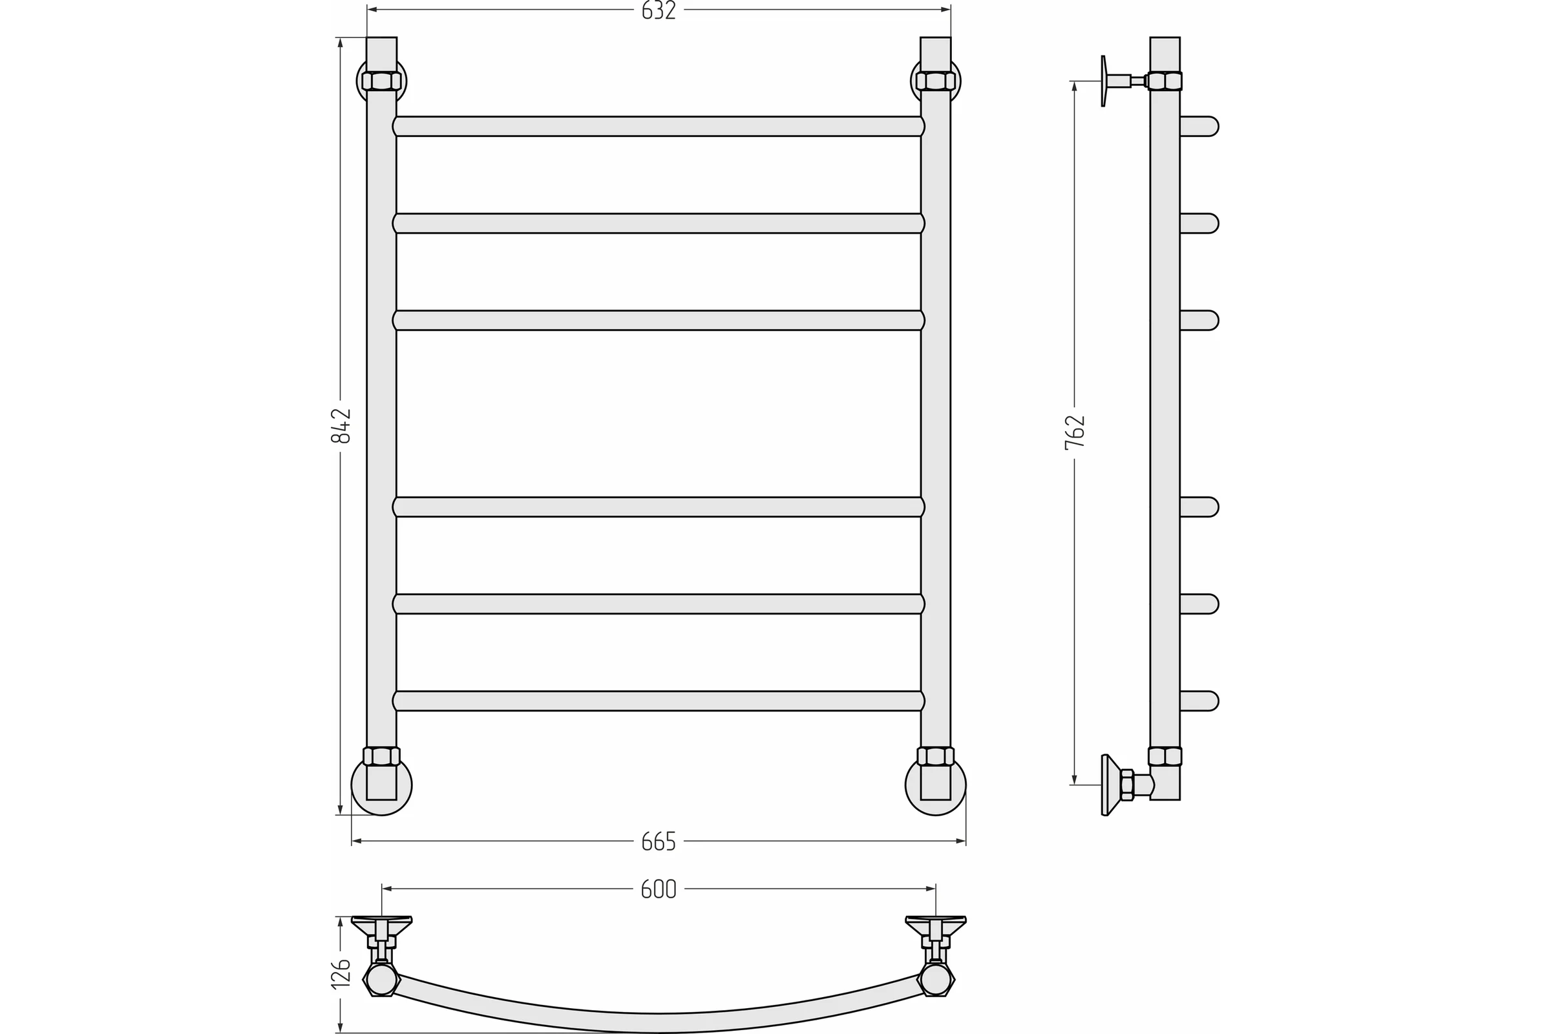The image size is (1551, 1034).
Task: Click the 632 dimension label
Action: coord(659,10)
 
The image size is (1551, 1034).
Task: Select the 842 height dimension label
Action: coord(341,426)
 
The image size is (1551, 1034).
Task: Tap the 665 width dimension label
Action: coord(659,841)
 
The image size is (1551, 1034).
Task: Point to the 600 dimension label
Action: coord(659,889)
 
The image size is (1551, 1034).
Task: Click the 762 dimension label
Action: coord(1075,432)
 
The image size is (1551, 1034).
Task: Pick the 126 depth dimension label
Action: coord(341,974)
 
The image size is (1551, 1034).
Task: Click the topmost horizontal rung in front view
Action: coord(659,127)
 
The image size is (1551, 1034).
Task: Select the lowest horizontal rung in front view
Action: coord(659,701)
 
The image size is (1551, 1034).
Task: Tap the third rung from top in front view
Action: coord(659,321)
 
